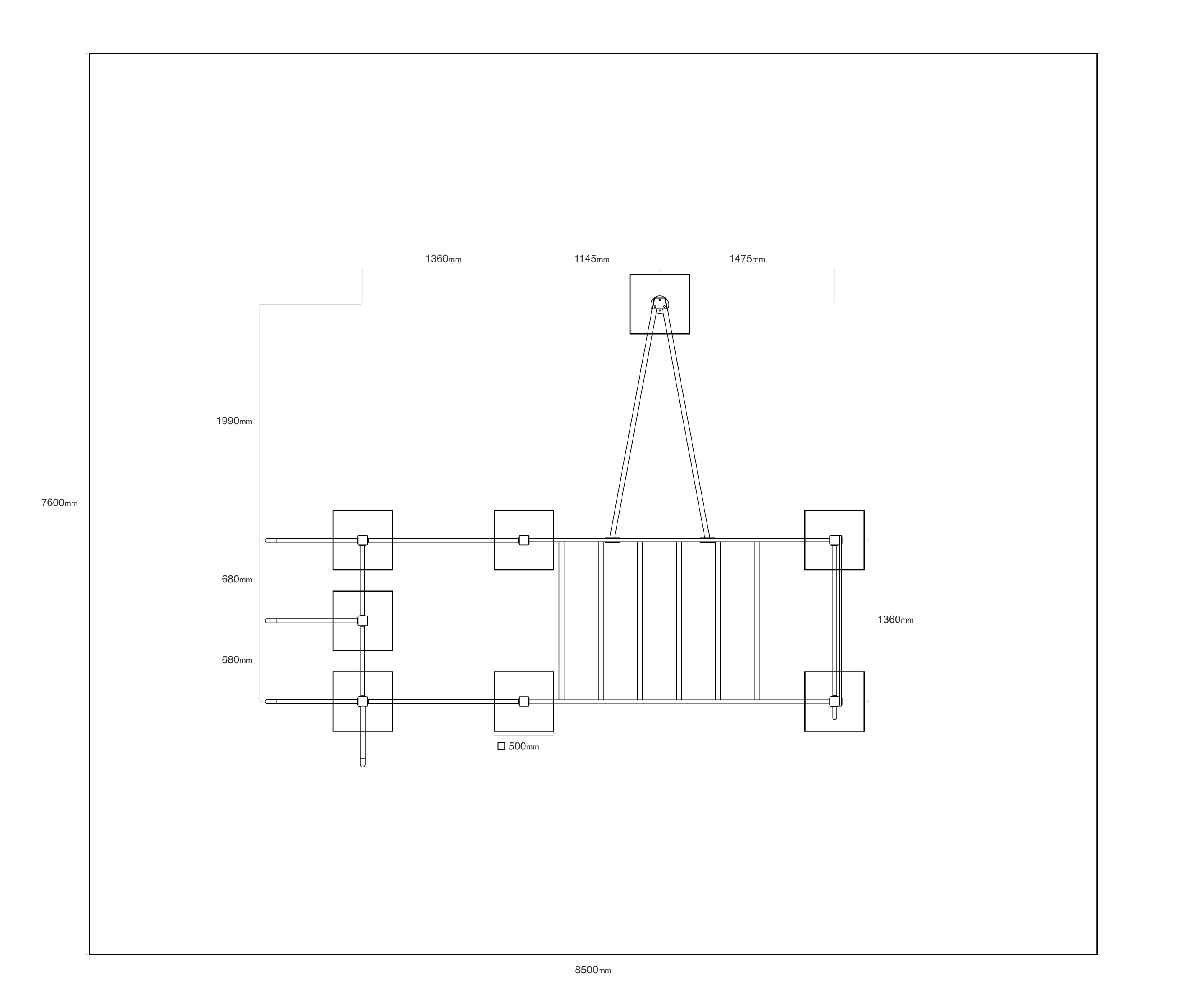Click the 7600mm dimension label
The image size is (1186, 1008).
pyautogui.click(x=59, y=503)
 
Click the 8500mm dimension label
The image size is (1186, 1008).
pyautogui.click(x=593, y=970)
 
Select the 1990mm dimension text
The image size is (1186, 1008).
pyautogui.click(x=234, y=421)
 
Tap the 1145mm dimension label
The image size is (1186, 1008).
pyautogui.click(x=592, y=259)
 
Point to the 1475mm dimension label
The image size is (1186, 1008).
pyautogui.click(x=747, y=259)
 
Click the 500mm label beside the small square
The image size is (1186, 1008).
pyautogui.click(x=524, y=746)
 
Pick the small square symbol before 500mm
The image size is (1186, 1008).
pyautogui.click(x=501, y=746)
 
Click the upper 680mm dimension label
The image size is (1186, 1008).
pyautogui.click(x=237, y=580)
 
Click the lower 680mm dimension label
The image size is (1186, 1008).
pyautogui.click(x=237, y=660)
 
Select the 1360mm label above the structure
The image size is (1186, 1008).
pyautogui.click(x=443, y=259)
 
